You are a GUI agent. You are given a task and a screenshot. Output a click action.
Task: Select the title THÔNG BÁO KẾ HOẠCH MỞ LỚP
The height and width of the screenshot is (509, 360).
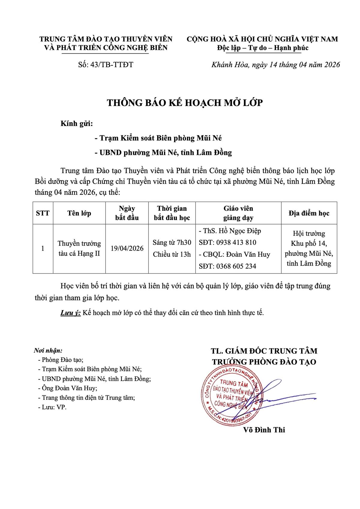(185, 103)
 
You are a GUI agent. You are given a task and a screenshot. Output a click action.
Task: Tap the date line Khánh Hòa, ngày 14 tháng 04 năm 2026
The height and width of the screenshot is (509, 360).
(276, 65)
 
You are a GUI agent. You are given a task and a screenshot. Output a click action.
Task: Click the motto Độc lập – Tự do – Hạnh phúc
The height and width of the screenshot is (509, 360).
(263, 48)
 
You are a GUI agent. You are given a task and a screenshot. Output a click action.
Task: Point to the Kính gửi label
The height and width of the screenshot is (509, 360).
(76, 123)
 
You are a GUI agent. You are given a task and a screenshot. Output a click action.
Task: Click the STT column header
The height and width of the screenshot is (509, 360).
(43, 213)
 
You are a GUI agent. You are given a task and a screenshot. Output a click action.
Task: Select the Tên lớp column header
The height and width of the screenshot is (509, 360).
(79, 213)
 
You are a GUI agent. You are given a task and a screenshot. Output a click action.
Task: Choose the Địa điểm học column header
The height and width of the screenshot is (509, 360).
(309, 213)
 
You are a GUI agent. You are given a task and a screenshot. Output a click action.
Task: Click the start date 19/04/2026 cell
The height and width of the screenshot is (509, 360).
(127, 248)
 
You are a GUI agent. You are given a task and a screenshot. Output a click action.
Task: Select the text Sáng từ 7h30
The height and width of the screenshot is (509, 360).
(172, 242)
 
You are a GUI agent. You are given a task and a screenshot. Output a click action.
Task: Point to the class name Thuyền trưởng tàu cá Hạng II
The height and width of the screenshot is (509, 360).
(79, 248)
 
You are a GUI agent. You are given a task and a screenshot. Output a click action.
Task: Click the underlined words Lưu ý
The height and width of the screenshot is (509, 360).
(70, 313)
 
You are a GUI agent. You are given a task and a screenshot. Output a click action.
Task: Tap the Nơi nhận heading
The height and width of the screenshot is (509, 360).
(48, 351)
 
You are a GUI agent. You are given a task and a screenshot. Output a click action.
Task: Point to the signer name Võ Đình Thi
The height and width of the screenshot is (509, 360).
(264, 430)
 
